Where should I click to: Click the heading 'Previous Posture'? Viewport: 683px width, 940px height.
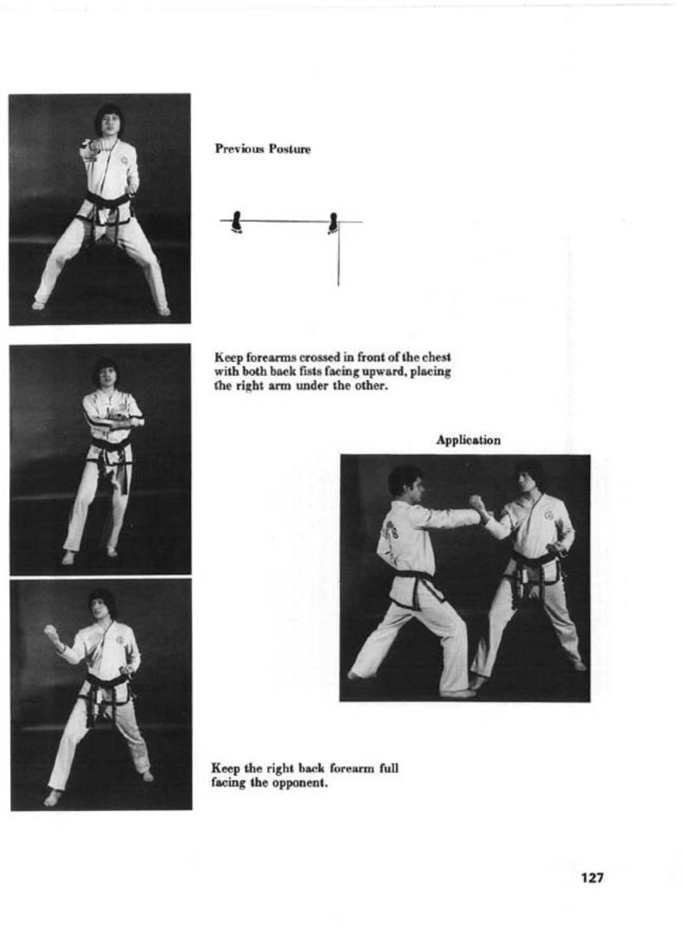coord(263,149)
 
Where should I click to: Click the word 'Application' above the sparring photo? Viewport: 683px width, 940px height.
coord(468,440)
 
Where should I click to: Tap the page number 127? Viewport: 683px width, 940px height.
coord(592,877)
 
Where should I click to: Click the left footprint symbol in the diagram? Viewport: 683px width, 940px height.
coord(237,222)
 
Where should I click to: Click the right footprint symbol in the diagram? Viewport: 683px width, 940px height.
coord(333,223)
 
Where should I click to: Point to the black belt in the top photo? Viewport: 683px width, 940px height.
coord(107,200)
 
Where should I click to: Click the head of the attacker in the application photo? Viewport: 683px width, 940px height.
coord(405,481)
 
